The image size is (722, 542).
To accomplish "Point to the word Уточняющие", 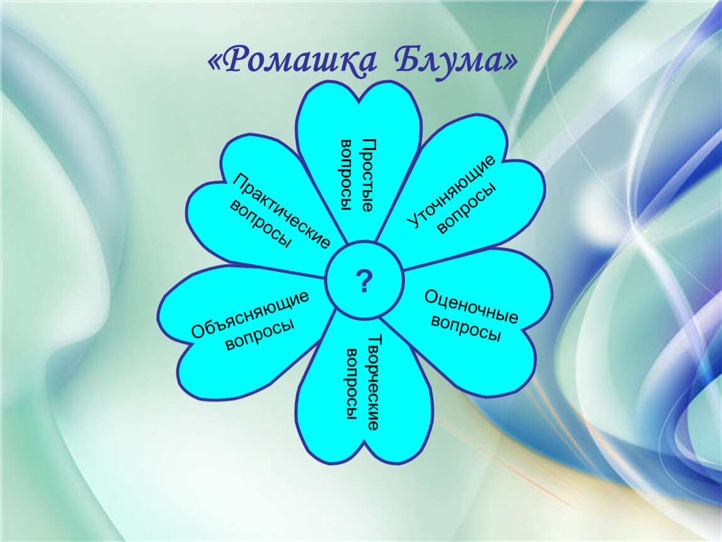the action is click(x=451, y=191).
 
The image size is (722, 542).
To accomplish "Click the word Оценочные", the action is click(x=471, y=306).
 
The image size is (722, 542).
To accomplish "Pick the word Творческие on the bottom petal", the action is click(x=374, y=382).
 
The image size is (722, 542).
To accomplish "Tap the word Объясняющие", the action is click(x=250, y=315).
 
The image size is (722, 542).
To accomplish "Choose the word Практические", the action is click(x=281, y=210).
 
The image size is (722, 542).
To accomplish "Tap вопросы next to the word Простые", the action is click(x=348, y=175).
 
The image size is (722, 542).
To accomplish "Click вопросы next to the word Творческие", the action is click(x=352, y=384).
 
